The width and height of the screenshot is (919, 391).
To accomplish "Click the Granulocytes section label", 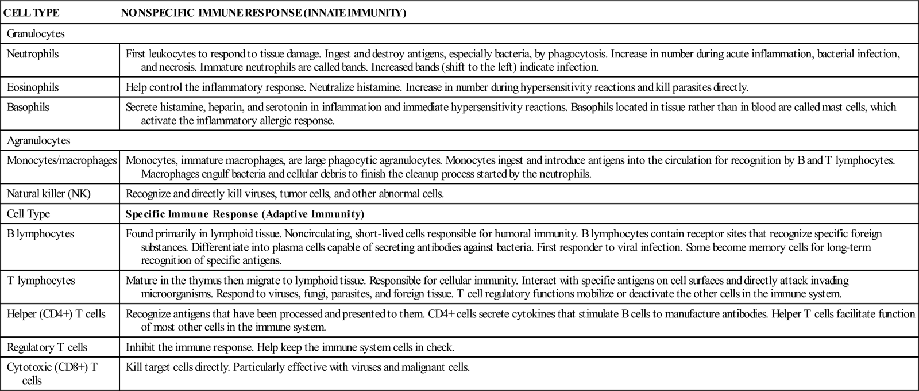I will pyautogui.click(x=36, y=34).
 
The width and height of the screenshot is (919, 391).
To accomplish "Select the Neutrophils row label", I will pyautogui.click(x=33, y=54).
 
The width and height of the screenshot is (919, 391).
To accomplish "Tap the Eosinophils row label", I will pyautogui.click(x=33, y=87).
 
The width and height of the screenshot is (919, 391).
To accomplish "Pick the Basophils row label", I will pyautogui.click(x=28, y=107).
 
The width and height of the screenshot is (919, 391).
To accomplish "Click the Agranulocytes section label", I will pyautogui.click(x=38, y=140).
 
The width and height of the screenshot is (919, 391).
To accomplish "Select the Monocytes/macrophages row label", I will pyautogui.click(x=62, y=160).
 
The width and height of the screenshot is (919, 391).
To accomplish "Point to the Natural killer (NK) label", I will pyautogui.click(x=49, y=194).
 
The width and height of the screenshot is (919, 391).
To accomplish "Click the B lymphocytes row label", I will pyautogui.click(x=40, y=234).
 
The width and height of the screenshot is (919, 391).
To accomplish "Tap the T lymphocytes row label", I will pyautogui.click(x=41, y=281).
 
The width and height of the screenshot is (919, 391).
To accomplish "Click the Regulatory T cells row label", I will pyautogui.click(x=47, y=347).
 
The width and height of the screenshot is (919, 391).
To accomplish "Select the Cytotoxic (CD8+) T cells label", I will pyautogui.click(x=52, y=373).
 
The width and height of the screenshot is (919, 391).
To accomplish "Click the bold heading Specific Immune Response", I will pyautogui.click(x=245, y=214).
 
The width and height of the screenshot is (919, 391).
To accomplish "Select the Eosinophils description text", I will pyautogui.click(x=437, y=87).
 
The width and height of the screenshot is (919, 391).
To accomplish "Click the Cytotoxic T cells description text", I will pyautogui.click(x=298, y=366).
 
